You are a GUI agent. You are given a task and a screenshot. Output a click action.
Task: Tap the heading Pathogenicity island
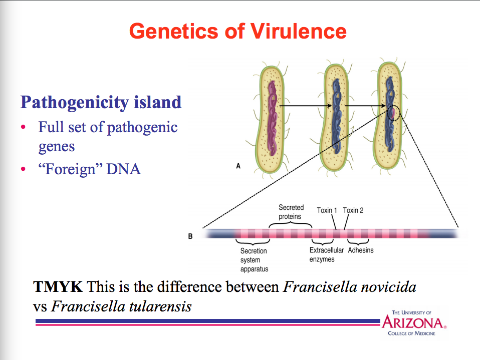click(x=101, y=102)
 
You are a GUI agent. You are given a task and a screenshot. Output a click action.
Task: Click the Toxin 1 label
click(x=327, y=210)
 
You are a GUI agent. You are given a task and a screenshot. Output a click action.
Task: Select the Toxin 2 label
click(x=353, y=210)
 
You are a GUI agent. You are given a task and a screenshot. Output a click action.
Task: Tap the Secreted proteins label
click(x=291, y=212)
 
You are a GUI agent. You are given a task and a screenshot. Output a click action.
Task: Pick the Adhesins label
click(x=361, y=250)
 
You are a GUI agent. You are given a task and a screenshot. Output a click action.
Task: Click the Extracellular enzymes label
click(x=326, y=254)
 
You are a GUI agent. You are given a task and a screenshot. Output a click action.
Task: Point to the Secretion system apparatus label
click(x=254, y=259)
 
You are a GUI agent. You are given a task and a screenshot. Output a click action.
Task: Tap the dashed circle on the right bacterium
click(x=393, y=114)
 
